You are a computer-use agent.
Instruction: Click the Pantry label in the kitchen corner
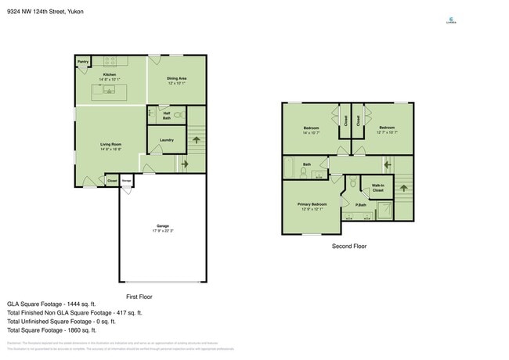(82, 61)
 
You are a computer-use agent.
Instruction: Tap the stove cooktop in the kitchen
(110, 61)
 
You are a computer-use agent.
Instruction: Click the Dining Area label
(176, 78)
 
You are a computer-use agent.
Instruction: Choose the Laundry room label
(166, 140)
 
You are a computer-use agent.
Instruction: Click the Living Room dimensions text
(110, 149)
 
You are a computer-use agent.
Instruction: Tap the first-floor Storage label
(126, 181)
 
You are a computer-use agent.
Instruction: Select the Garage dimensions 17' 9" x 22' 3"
(163, 231)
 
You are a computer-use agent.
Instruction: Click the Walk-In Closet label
(377, 188)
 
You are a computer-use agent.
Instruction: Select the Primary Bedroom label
(312, 204)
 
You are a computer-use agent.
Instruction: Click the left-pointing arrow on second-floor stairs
(386, 164)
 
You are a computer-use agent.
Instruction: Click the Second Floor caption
(348, 246)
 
